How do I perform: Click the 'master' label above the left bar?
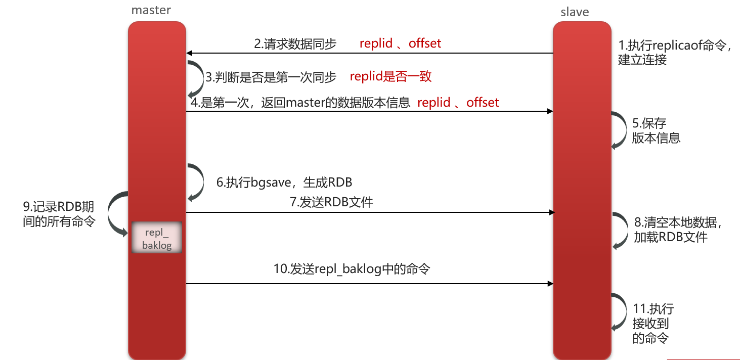pyautogui.click(x=151, y=10)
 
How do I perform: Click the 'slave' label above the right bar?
pyautogui.click(x=575, y=12)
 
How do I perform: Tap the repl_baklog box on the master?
pyautogui.click(x=156, y=238)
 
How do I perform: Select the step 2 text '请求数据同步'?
pyautogui.click(x=295, y=44)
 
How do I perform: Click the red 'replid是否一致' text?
pyautogui.click(x=390, y=76)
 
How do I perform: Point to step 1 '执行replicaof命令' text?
pyautogui.click(x=675, y=52)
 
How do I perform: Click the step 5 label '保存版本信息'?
pyautogui.click(x=656, y=130)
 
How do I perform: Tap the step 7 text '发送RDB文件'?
pyautogui.click(x=331, y=202)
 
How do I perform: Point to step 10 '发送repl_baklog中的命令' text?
pyautogui.click(x=352, y=269)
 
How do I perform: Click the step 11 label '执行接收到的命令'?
pyautogui.click(x=652, y=323)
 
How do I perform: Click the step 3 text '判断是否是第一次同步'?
pyautogui.click(x=271, y=77)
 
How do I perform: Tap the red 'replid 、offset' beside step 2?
pyautogui.click(x=400, y=43)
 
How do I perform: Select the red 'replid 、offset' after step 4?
pyautogui.click(x=458, y=103)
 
